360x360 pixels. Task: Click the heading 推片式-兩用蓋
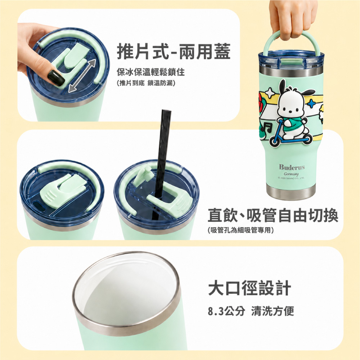pos(174,51)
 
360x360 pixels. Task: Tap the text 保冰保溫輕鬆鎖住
pos(150,72)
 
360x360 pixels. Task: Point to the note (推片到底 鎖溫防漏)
pos(146,83)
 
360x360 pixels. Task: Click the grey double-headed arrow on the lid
pos(82,76)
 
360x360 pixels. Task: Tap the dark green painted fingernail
pos(56,77)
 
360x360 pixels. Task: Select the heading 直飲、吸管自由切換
pos(273,215)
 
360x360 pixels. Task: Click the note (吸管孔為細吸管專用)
pos(240,230)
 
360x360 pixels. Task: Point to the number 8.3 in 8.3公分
pos(216,311)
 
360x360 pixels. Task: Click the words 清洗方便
pos(273,311)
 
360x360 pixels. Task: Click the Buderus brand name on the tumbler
pos(292,167)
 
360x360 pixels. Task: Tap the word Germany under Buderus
pos(291,174)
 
